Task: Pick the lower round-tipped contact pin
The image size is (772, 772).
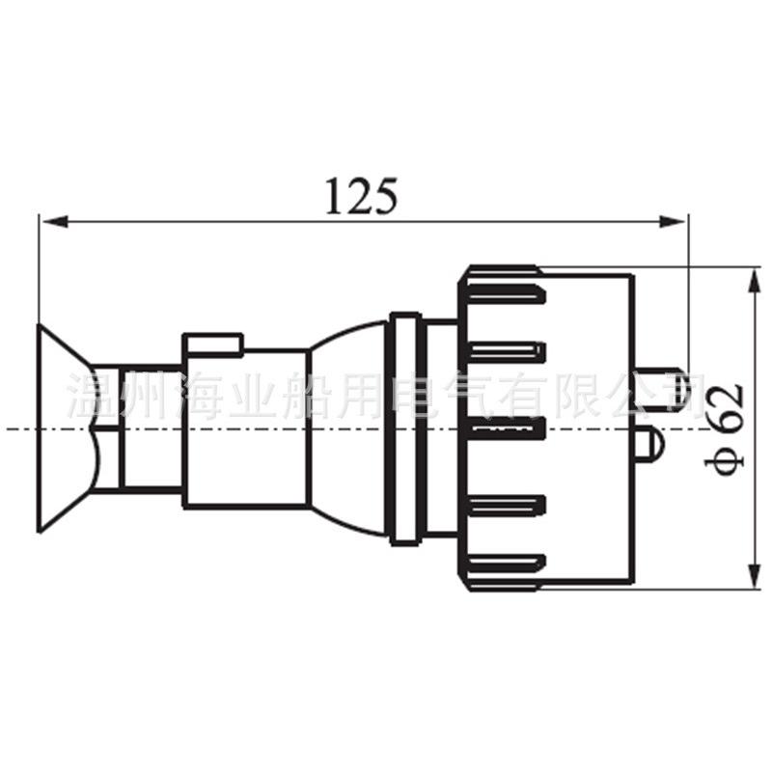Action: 648,447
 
